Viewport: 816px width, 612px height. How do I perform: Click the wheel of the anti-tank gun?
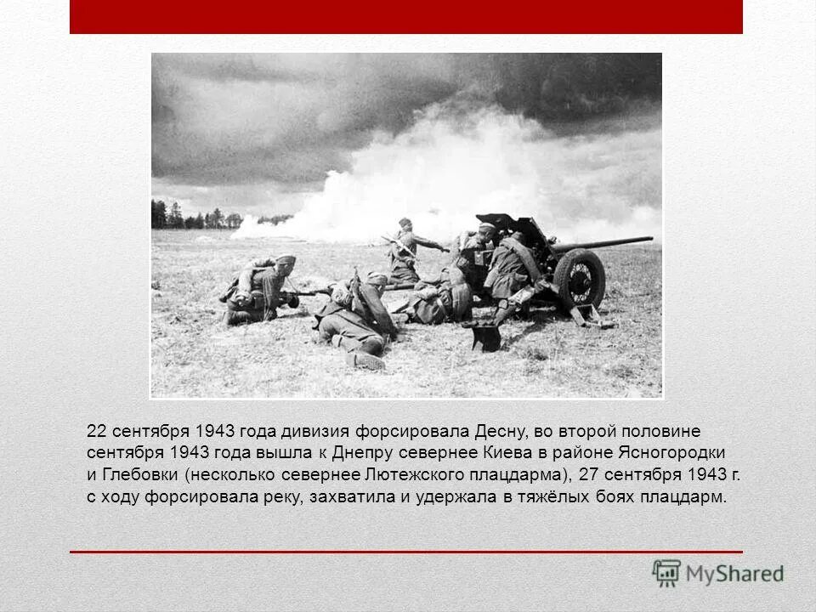pyautogui.click(x=579, y=279)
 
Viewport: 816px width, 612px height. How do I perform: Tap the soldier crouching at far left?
pyautogui.click(x=258, y=290)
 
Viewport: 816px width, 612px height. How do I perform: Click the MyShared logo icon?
pyautogui.click(x=666, y=573)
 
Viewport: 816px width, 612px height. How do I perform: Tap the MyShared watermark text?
pyautogui.click(x=734, y=574)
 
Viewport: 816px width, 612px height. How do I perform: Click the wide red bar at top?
pyautogui.click(x=406, y=17)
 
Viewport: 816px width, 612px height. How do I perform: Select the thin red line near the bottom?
pyautogui.click(x=406, y=552)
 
